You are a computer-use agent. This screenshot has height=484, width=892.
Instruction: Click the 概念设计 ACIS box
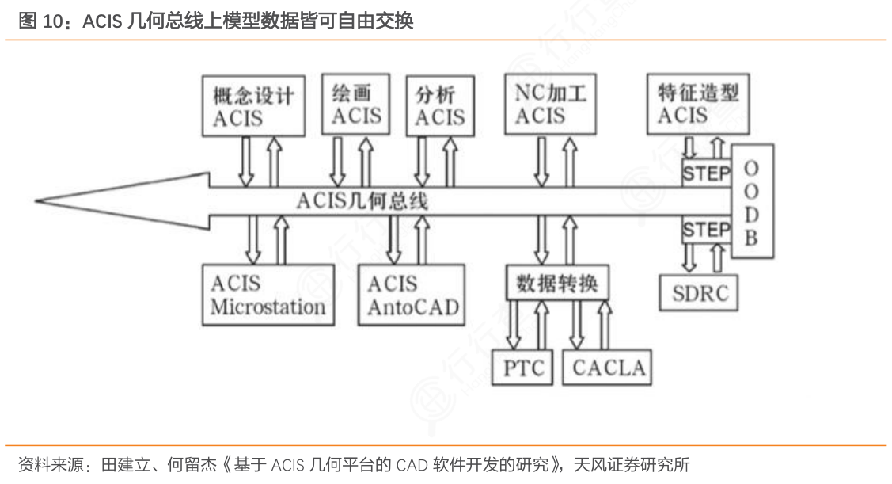point(253,105)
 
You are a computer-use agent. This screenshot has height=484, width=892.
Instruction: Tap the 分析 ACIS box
point(440,105)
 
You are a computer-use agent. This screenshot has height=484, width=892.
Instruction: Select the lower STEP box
point(706,230)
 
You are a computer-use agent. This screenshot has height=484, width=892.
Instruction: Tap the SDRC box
point(699,292)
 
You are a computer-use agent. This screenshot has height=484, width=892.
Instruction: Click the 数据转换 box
point(556,283)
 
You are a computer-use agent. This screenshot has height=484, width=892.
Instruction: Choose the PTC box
point(524,368)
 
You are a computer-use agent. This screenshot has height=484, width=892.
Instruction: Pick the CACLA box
point(608,368)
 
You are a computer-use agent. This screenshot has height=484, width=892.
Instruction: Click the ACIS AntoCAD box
point(412,295)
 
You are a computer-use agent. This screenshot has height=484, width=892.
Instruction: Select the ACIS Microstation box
point(268,295)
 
